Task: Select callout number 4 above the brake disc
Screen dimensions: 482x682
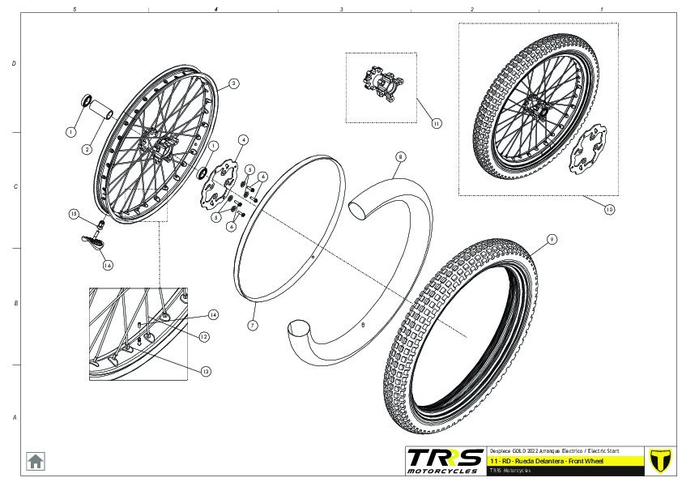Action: [x=242, y=140]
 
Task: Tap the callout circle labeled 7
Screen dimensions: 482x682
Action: [x=252, y=325]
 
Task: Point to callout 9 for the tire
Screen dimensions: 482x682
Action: [x=550, y=240]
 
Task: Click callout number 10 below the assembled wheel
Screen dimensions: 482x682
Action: [x=609, y=208]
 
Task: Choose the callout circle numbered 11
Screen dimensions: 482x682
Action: [x=436, y=124]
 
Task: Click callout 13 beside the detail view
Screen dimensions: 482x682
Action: [x=206, y=371]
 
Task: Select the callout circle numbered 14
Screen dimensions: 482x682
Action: [x=214, y=314]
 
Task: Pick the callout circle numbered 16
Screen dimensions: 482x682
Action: [x=107, y=263]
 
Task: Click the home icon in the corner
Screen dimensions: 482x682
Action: [x=36, y=460]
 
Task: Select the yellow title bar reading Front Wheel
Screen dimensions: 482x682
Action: [x=566, y=460]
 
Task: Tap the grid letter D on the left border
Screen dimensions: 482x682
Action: [x=14, y=64]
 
